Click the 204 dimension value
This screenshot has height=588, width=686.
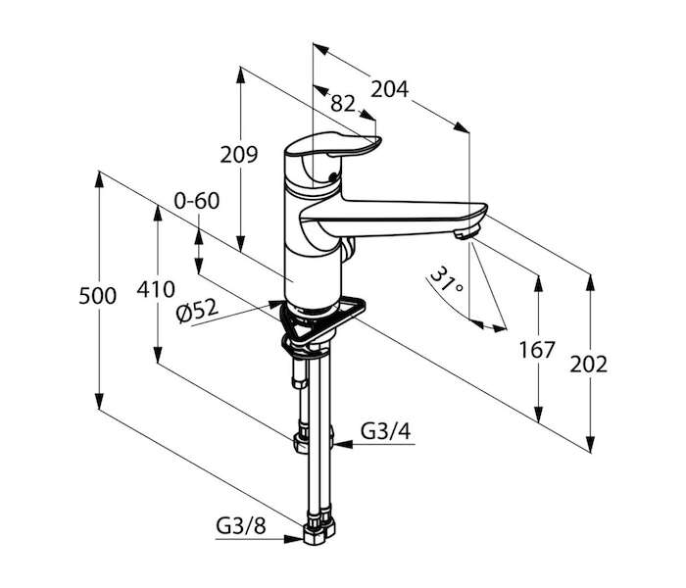[x=389, y=89]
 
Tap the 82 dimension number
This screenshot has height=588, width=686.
[x=343, y=104]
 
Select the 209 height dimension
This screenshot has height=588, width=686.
[x=239, y=155]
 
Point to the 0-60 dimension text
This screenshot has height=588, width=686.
[x=196, y=201]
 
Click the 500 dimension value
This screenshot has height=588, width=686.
[x=98, y=296]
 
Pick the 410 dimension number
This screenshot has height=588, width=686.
[x=155, y=289]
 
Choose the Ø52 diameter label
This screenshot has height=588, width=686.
[x=197, y=312]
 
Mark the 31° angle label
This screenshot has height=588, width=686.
[x=447, y=280]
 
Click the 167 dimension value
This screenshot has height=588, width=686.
[x=537, y=350]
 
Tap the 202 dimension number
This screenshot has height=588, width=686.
[x=588, y=365]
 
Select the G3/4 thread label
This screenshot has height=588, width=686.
[x=386, y=431]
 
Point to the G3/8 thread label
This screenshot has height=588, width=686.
[x=241, y=525]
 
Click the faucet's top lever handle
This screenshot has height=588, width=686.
[x=333, y=145]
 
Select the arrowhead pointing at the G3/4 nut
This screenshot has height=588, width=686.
[x=343, y=444]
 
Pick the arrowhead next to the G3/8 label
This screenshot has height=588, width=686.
[x=294, y=539]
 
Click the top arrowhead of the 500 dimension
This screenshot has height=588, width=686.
[x=100, y=180]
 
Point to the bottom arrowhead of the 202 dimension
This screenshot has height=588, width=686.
[x=590, y=443]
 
